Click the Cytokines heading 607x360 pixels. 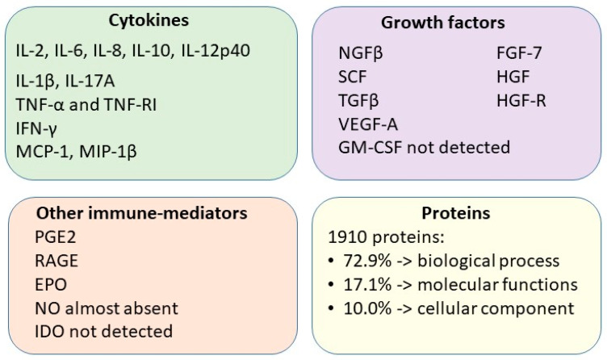click(x=149, y=20)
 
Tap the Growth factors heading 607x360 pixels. click(x=443, y=23)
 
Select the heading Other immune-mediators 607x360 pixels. click(x=142, y=213)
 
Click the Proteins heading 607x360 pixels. click(x=455, y=213)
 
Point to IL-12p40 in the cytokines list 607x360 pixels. click(x=216, y=51)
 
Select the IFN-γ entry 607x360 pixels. click(x=36, y=128)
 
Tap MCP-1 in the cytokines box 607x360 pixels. click(x=43, y=152)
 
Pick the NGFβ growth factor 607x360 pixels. click(x=360, y=53)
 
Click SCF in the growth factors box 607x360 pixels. click(x=352, y=77)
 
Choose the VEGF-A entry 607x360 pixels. click(x=368, y=124)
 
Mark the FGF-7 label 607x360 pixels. click(x=519, y=53)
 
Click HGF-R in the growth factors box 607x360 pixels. click(x=521, y=100)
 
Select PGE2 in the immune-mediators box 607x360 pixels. click(x=55, y=237)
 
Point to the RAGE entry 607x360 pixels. click(x=57, y=261)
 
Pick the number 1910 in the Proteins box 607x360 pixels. click(x=347, y=237)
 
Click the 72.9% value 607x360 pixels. click(x=367, y=261)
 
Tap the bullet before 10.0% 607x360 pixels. click(x=331, y=308)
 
